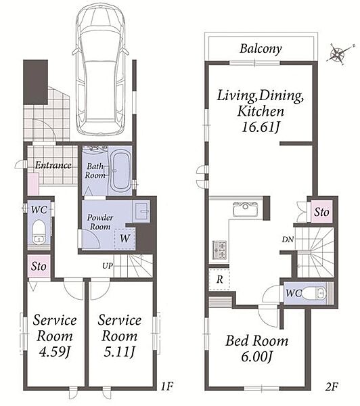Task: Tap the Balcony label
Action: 261,49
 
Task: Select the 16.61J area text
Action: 261,127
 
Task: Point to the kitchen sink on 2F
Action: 245,210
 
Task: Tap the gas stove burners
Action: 220,250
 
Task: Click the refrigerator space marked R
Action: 219,279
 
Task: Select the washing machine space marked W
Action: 125,238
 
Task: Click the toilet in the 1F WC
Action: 39,231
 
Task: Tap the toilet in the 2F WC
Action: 314,294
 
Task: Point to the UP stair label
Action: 108,266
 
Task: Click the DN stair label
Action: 288,240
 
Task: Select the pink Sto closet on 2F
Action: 321,212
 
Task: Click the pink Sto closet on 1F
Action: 39,266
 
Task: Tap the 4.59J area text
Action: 55,352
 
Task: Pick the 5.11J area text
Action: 119,352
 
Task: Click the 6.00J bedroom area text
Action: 256,357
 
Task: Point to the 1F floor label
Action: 166,386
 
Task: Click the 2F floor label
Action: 332,386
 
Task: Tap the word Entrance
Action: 53,165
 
